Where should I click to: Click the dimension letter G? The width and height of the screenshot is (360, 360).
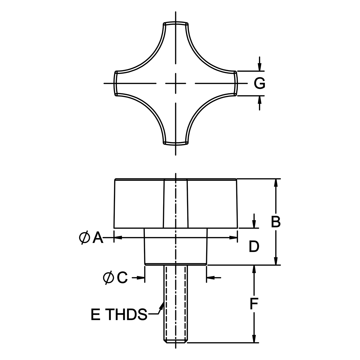(x=260, y=83)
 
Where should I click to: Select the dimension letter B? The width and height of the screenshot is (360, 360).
(x=276, y=222)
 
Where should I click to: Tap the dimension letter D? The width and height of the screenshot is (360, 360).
(x=254, y=247)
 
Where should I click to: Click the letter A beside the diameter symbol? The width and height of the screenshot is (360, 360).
(x=98, y=238)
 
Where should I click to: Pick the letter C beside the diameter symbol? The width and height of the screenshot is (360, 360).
(x=122, y=278)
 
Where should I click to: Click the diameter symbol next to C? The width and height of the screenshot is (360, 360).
(x=108, y=278)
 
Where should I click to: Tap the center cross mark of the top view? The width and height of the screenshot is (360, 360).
(x=176, y=83)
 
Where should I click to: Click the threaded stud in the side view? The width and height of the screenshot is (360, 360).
(x=176, y=304)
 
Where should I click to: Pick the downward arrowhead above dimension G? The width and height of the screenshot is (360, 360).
(x=260, y=68)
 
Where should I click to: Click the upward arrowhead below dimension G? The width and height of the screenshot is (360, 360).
(x=260, y=99)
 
